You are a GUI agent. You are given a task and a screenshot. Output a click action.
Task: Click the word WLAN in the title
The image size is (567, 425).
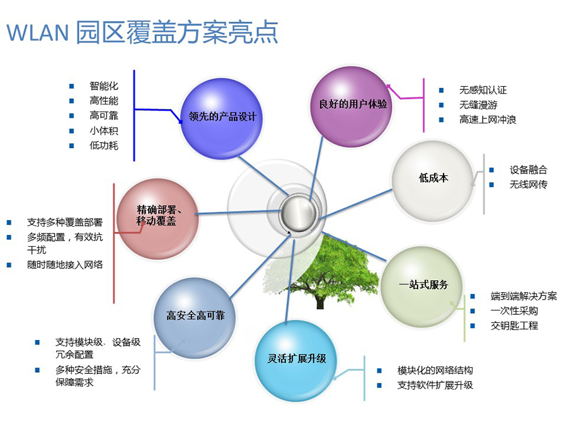coord(38,32)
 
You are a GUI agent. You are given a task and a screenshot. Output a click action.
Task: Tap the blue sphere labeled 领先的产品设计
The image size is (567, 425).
coord(221,118)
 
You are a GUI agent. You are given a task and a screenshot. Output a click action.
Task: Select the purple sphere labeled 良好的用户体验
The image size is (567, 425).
coord(352,106)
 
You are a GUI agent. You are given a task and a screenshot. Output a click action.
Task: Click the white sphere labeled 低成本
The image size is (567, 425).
coord(433,181)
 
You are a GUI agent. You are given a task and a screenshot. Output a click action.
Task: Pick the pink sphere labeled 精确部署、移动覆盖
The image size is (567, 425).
coord(157,218)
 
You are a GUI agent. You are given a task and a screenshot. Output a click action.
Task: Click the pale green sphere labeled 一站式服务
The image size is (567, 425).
coord(421,287)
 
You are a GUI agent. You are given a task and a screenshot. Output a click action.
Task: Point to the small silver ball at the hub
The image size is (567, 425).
coord(299,214)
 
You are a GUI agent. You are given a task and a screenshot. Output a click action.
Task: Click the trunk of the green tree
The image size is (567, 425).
coord(319,301)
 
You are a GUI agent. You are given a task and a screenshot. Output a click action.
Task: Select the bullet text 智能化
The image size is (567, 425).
coord(104,86)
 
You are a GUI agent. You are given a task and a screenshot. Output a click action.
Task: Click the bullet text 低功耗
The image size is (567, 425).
coord(104,145)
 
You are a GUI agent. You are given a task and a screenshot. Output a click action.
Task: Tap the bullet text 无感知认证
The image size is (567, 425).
coord(483,90)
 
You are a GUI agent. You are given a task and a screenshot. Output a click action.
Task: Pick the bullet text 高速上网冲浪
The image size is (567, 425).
coord(488,120)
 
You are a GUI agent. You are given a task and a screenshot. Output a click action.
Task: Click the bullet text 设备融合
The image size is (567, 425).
coord(529,170)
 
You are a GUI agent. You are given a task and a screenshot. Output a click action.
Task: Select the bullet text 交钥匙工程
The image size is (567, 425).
coord(514,326)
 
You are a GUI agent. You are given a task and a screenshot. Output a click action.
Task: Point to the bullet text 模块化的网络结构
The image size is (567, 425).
coord(435,370)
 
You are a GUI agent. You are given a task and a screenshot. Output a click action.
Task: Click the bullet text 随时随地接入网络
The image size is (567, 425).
coord(65,264)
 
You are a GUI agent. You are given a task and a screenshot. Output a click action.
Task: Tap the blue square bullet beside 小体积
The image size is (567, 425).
coord(72,131)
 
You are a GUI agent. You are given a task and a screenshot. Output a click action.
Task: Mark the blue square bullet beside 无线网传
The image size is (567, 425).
coord(491,184)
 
